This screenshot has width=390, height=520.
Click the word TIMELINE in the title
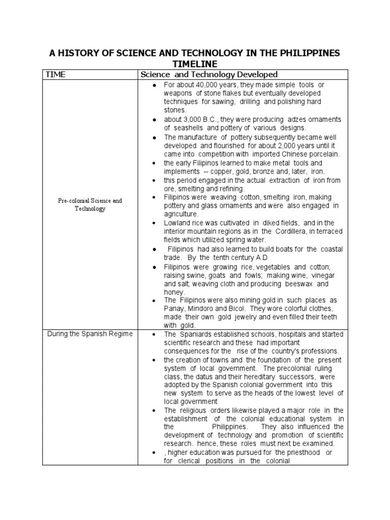click(194, 63)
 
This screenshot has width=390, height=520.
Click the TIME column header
click(56, 75)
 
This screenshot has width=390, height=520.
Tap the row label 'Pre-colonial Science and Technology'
click(89, 205)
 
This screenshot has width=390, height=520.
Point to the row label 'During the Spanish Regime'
click(89, 334)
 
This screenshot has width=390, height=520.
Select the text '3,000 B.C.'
click(199, 119)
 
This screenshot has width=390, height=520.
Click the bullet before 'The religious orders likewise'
click(153, 410)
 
